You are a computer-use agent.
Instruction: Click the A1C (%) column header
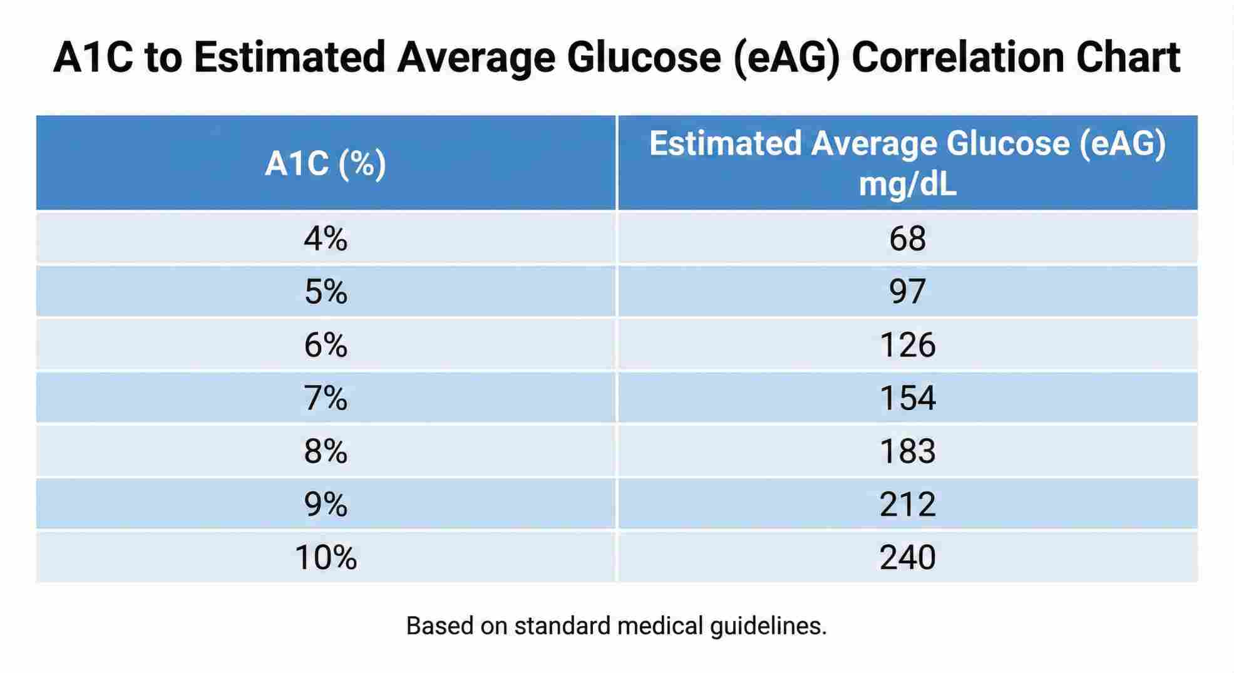coord(326,164)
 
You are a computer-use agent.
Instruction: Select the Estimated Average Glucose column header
coord(907,144)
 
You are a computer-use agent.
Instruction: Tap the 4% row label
coord(326,239)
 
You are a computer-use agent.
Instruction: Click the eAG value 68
coord(907,239)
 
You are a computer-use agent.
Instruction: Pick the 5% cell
coord(326,292)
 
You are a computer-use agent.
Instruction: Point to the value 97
coord(907,292)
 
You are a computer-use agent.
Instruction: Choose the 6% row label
coord(326,345)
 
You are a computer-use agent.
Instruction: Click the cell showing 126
coord(907,345)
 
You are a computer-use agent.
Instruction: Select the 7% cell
coord(326,398)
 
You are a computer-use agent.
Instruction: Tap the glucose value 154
coord(907,398)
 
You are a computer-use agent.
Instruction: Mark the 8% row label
coord(326,451)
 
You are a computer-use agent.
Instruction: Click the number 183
coord(907,451)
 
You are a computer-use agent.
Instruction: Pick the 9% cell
coord(326,505)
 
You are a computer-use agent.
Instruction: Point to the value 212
coord(907,505)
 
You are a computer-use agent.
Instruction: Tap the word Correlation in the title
coord(957,58)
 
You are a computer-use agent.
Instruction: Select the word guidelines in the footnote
coord(768,626)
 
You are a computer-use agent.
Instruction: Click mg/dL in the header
coord(907,185)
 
